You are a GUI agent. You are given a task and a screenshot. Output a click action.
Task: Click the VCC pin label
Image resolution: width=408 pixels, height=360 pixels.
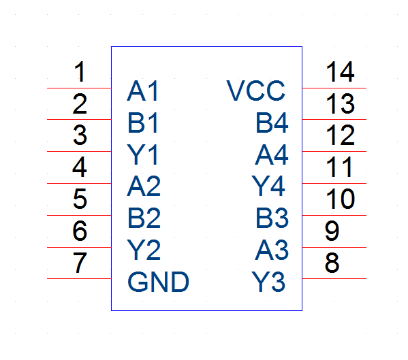(x=256, y=91)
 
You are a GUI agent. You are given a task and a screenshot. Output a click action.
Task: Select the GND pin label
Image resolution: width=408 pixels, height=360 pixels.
(x=158, y=282)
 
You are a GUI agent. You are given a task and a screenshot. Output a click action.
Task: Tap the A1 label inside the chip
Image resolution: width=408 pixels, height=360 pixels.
(x=142, y=91)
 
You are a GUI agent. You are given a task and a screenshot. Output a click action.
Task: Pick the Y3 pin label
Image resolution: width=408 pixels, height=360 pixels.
(x=268, y=282)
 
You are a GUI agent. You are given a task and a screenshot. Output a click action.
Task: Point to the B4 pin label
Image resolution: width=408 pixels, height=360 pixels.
(x=272, y=122)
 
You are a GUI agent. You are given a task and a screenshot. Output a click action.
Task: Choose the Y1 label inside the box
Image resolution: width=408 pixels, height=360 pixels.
(x=142, y=154)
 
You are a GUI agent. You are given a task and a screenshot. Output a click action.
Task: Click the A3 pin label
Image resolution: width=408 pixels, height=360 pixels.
(x=272, y=250)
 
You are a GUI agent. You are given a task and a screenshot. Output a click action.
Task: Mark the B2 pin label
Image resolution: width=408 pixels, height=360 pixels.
(x=144, y=218)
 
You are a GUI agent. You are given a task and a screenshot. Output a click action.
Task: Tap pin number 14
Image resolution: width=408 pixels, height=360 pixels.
(x=340, y=71)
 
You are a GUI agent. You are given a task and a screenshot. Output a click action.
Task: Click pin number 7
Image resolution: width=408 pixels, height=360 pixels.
(x=80, y=263)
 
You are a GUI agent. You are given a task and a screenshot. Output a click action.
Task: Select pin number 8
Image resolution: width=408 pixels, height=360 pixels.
(x=332, y=263)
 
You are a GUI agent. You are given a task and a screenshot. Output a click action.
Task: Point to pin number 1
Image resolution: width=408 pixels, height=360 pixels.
(x=80, y=71)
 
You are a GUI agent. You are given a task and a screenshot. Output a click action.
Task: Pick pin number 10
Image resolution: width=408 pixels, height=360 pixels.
(x=340, y=199)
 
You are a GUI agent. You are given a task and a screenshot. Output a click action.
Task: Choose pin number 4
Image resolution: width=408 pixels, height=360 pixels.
(x=80, y=167)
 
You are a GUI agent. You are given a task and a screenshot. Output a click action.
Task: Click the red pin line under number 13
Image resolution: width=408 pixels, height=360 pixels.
(x=334, y=120)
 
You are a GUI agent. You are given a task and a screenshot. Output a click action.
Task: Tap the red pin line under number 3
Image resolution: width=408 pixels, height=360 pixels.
(x=79, y=151)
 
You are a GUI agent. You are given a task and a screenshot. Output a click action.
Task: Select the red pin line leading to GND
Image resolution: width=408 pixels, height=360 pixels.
(x=79, y=278)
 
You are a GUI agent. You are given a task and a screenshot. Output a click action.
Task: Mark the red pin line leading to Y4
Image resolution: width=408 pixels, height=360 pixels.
(x=334, y=184)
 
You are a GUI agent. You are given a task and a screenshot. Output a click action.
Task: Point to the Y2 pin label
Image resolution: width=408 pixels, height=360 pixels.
(x=144, y=250)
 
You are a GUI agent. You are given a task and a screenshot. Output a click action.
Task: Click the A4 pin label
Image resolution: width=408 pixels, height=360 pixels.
(x=272, y=154)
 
